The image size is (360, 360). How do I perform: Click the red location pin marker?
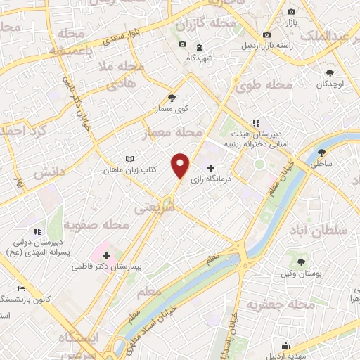[x=181, y=165]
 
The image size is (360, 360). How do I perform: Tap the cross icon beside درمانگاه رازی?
[x=210, y=168]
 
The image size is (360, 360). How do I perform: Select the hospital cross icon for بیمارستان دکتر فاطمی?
[x=106, y=255]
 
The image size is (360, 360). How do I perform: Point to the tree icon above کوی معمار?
[x=172, y=98]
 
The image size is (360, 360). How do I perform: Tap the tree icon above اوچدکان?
[x=329, y=72]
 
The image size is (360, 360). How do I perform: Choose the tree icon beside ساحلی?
[x=322, y=153]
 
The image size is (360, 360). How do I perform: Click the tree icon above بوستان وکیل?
[x=301, y=262]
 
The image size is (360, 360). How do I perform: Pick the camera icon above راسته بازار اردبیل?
[x=266, y=35]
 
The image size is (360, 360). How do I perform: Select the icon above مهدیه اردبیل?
[x=285, y=345]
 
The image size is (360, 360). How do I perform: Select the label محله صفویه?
[x=96, y=225]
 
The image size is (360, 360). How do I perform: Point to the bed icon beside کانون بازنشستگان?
[x=22, y=289]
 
